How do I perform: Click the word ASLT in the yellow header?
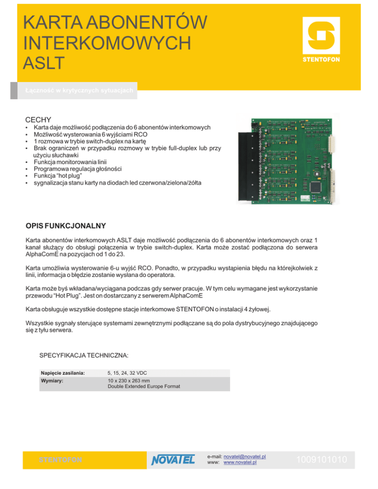point(43,63)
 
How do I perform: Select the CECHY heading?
point(38,120)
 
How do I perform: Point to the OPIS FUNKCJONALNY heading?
point(65,226)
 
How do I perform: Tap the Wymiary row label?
point(52,381)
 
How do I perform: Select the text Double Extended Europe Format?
point(143,387)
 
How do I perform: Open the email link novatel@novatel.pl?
point(245,457)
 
